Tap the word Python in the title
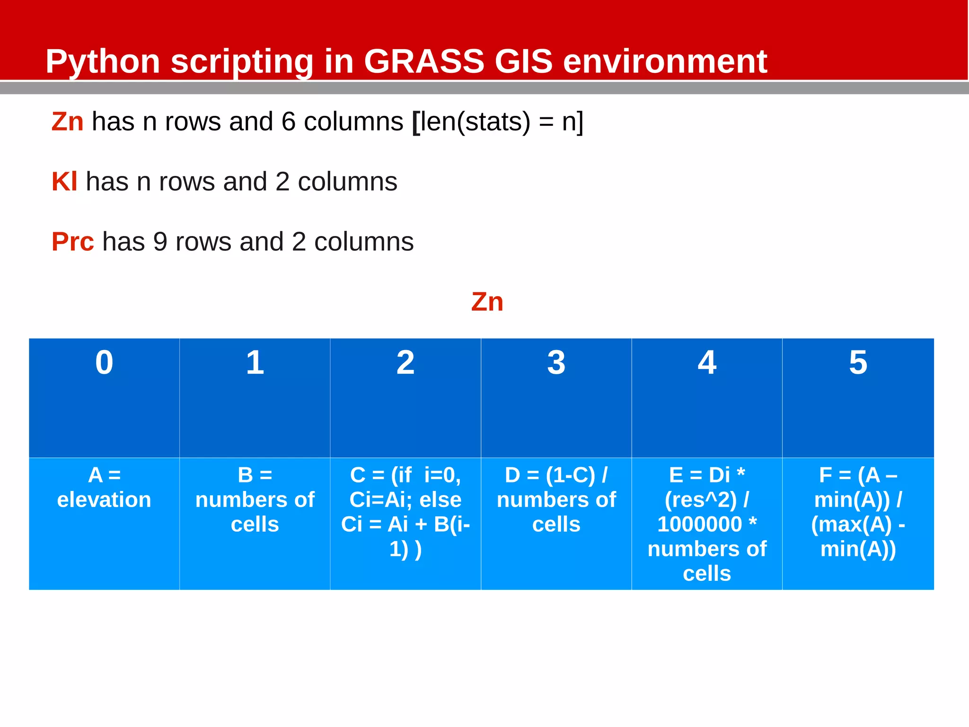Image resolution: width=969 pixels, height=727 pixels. pos(103,62)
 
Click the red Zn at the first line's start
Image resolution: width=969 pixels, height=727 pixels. pos(67,122)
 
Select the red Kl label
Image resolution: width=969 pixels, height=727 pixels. pos(64,182)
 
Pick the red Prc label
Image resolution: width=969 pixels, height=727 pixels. pos(72,242)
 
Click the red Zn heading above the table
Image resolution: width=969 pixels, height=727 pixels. pos(487,302)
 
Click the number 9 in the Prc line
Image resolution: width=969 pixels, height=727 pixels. pos(160,242)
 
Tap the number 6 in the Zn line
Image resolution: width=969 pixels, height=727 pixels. pos(288,122)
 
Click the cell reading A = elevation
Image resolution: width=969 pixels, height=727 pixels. pos(104,488)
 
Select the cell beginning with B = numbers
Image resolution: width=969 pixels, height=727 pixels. pos(255,500)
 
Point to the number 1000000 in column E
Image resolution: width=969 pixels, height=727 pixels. pos(699,525)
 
